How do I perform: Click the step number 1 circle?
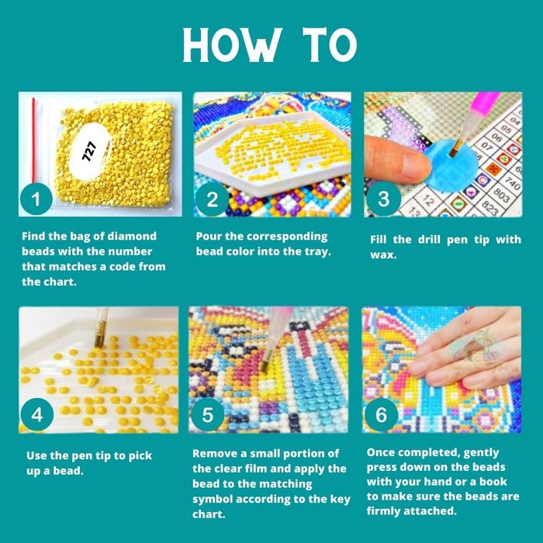click(x=36, y=199)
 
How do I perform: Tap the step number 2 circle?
click(x=213, y=199)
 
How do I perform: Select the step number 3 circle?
click(x=384, y=199)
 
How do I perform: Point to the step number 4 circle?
click(x=37, y=414)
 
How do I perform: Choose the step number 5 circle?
click(x=207, y=414)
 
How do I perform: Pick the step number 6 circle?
click(x=382, y=414)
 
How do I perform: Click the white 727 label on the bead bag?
click(x=89, y=151)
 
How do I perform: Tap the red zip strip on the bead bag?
click(x=33, y=140)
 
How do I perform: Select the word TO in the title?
click(x=330, y=45)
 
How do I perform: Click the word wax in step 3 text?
click(x=383, y=255)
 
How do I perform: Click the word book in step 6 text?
click(x=492, y=482)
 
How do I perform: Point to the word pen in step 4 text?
click(x=81, y=456)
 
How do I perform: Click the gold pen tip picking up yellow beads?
click(x=100, y=334)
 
